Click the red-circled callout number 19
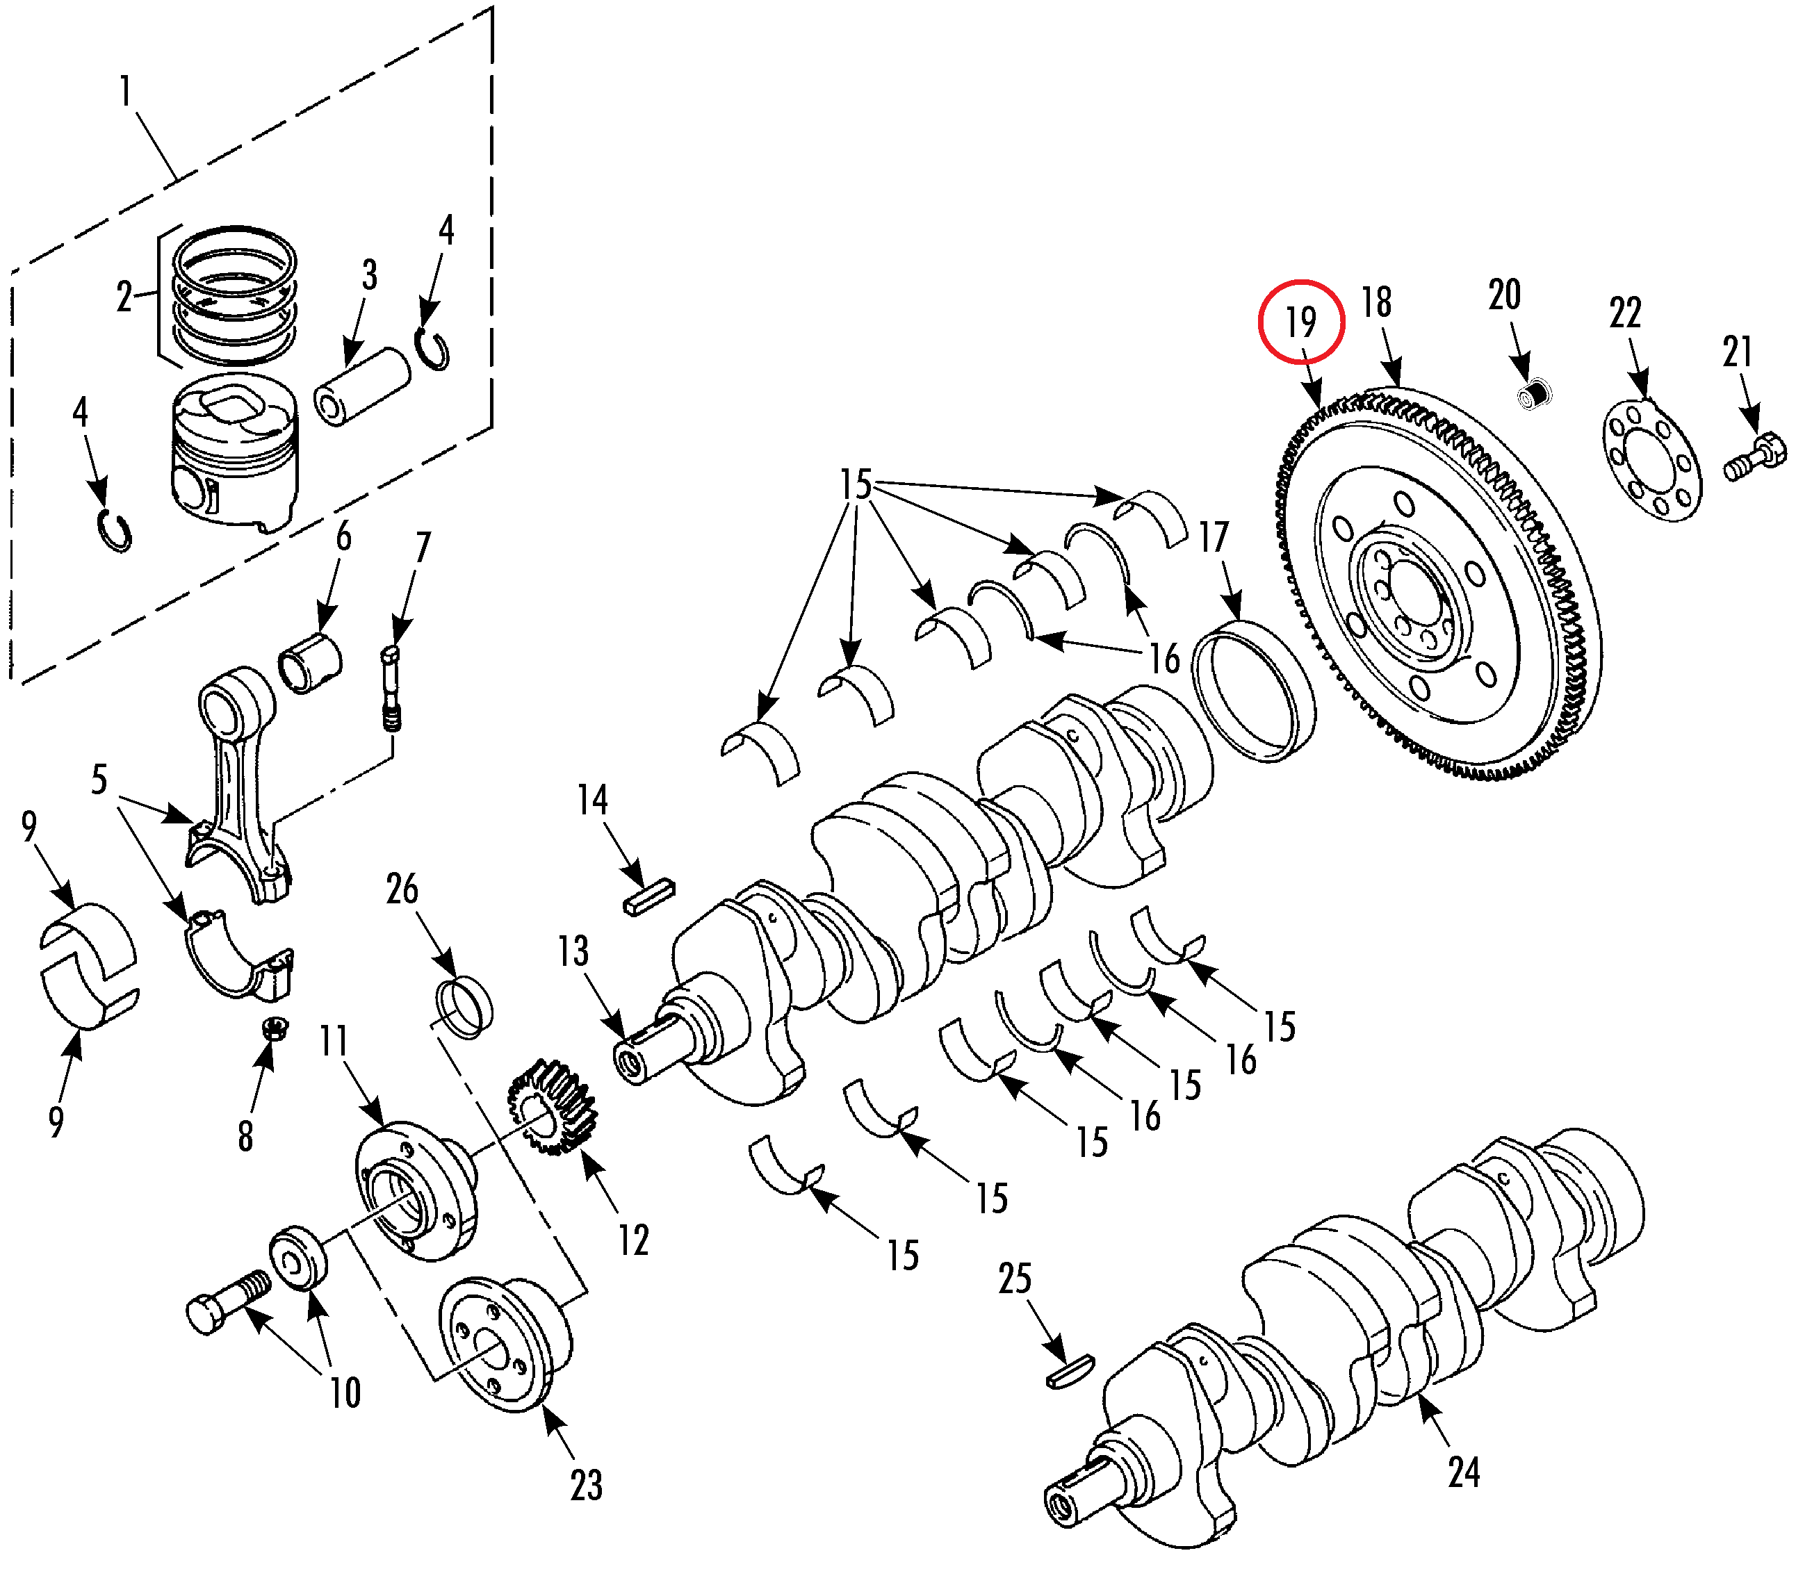[x=1300, y=321]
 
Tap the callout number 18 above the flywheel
[x=1375, y=302]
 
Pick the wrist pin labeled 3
[x=361, y=387]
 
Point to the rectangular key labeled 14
[x=649, y=896]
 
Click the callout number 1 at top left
[x=126, y=92]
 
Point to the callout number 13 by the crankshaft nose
[x=573, y=952]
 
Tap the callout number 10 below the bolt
[x=345, y=1392]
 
